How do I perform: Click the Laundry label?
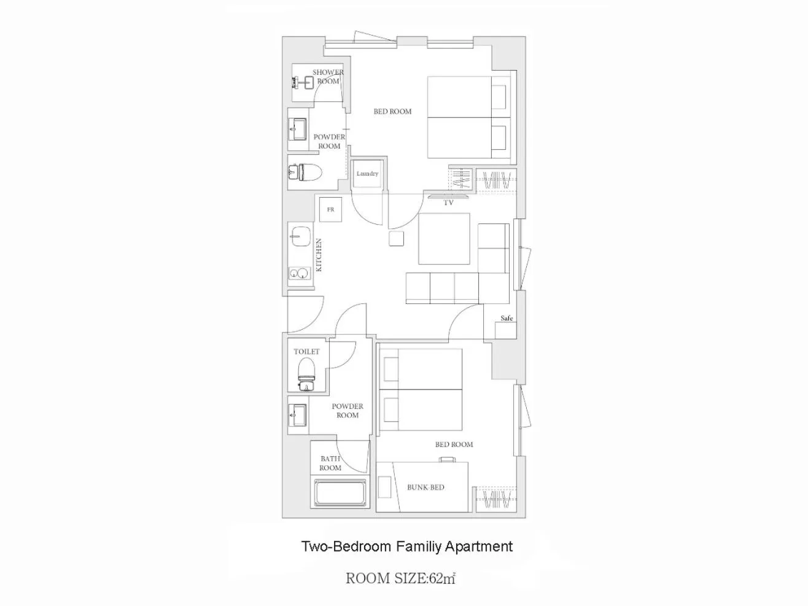pos(367,173)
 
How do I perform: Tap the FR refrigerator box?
pos(330,209)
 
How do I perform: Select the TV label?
pos(448,203)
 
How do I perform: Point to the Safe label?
pos(507,318)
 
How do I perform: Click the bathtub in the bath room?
pos(340,492)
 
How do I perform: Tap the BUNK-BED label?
pos(425,487)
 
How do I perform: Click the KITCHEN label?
pos(319,255)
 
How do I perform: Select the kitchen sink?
pos(301,236)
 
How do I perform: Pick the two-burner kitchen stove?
pos(299,273)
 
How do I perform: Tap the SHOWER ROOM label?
pos(328,77)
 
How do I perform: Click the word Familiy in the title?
pos(419,546)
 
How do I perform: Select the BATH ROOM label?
pos(330,463)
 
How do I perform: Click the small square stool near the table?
pos(397,238)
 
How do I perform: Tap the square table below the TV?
pos(444,238)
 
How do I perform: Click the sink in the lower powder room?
pos(297,415)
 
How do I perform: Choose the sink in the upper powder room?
pos(297,129)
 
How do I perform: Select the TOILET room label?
pos(306,351)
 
